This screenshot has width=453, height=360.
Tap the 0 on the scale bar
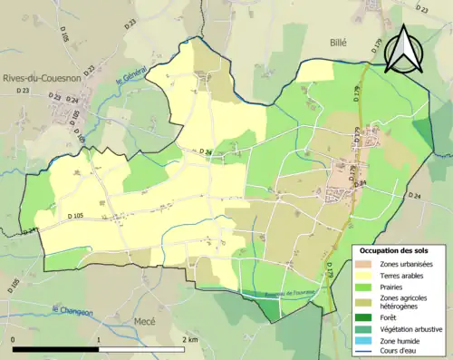[x=13, y=339]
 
